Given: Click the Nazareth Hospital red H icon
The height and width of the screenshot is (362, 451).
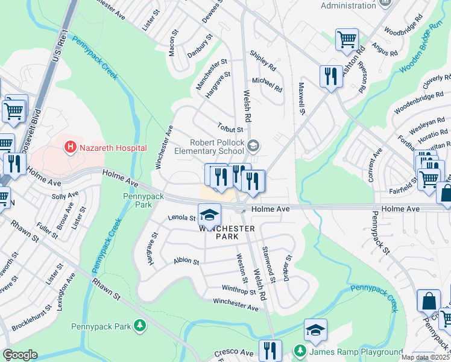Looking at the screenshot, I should click(x=71, y=147).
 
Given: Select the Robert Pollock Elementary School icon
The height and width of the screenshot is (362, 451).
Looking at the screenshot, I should click(x=254, y=145).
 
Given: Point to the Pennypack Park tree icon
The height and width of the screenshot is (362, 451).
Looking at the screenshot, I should click(x=139, y=326).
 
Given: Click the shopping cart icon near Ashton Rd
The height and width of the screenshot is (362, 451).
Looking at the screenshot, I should click(x=347, y=40).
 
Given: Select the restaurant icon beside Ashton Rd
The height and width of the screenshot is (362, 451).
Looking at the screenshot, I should click(x=330, y=76).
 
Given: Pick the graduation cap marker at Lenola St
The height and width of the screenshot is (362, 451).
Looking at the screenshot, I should click(x=209, y=215).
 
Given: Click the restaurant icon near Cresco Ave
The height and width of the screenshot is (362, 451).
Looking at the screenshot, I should click(x=270, y=351).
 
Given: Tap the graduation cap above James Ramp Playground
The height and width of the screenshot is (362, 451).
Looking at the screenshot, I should click(x=315, y=329).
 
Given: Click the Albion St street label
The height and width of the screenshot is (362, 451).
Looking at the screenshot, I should click(x=186, y=261).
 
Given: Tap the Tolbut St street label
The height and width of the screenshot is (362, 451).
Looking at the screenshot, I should click(x=230, y=128).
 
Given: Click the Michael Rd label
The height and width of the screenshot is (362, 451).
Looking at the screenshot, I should click(x=267, y=84).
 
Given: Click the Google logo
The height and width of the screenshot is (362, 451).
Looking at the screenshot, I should click(x=20, y=355).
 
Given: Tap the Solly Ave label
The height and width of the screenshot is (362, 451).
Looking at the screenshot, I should click(x=66, y=196).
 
